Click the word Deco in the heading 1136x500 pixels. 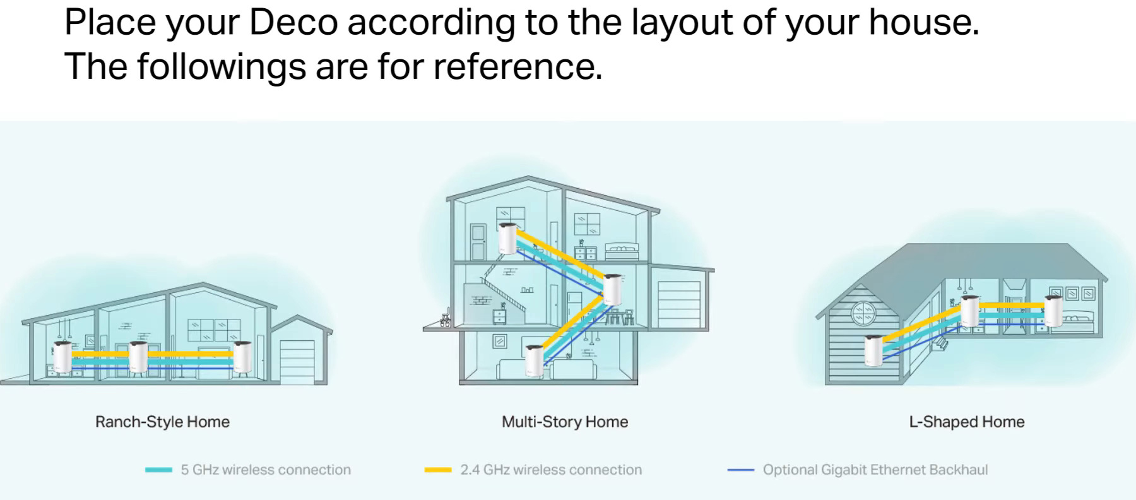pyautogui.click(x=293, y=22)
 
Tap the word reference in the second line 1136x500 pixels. pyautogui.click(x=512, y=66)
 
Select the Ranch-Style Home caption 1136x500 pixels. pyautogui.click(x=162, y=422)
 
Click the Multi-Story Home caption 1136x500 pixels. pyautogui.click(x=565, y=422)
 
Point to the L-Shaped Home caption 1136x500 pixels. pyautogui.click(x=966, y=422)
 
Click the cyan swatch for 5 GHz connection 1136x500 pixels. pyautogui.click(x=158, y=470)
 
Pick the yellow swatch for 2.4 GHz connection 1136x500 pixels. pyautogui.click(x=438, y=470)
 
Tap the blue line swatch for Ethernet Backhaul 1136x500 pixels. pyautogui.click(x=741, y=470)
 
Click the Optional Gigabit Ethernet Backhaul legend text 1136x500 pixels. pyautogui.click(x=875, y=470)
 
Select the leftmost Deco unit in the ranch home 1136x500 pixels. pyautogui.click(x=62, y=357)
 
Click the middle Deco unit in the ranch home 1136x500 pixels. pyautogui.click(x=138, y=357)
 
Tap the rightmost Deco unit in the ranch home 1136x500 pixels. pyautogui.click(x=242, y=357)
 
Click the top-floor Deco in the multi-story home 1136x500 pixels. pyautogui.click(x=508, y=239)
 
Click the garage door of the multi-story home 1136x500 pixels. pyautogui.click(x=679, y=304)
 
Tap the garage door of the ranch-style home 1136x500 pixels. pyautogui.click(x=297, y=361)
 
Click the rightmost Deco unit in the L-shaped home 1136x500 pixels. pyautogui.click(x=1053, y=311)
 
